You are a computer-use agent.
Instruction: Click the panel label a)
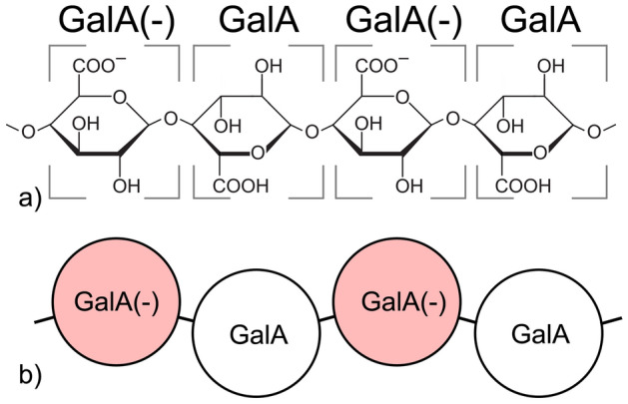(x=32, y=201)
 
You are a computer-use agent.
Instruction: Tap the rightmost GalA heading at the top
(x=539, y=21)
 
